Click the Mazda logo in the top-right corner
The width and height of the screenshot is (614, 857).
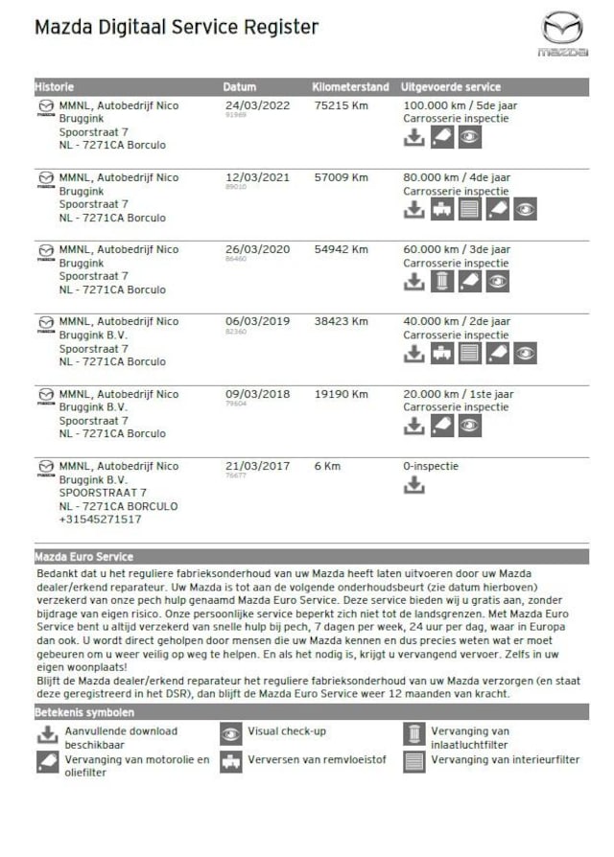(x=562, y=33)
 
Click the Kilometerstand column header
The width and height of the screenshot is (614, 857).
(x=349, y=86)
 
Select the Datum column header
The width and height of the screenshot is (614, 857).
(x=240, y=86)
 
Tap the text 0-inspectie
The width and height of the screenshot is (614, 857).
(x=431, y=466)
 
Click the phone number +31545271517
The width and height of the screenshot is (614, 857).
(x=101, y=520)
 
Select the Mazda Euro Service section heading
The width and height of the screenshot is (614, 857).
(x=83, y=556)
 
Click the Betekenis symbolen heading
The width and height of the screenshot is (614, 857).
(x=84, y=712)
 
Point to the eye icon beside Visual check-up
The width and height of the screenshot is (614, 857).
(x=231, y=735)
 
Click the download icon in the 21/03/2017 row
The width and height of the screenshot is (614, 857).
(x=413, y=485)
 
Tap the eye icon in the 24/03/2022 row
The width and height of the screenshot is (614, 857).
(x=469, y=137)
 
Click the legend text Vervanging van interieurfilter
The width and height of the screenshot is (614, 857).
(x=505, y=760)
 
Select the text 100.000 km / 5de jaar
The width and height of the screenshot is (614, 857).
(x=457, y=105)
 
